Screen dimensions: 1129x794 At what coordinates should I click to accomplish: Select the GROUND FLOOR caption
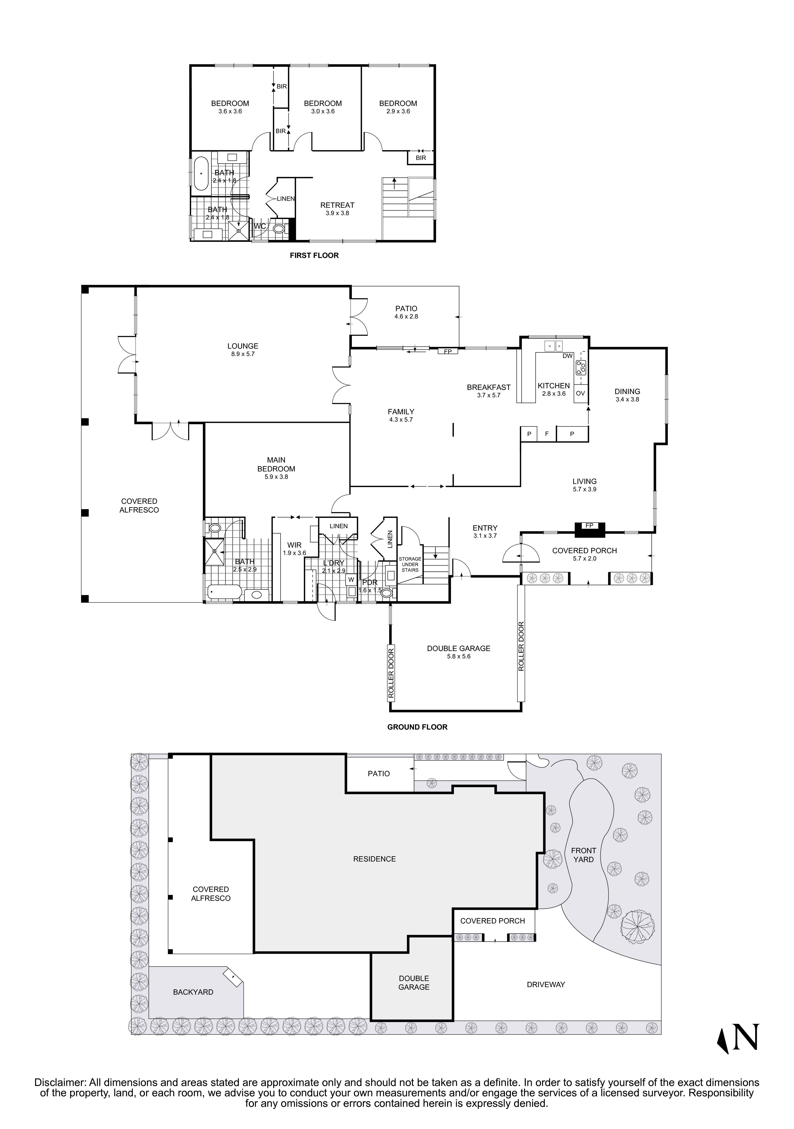[x=417, y=727]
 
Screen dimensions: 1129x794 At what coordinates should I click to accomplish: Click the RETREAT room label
[x=337, y=209]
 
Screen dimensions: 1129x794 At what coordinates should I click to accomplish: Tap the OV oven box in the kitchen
[x=580, y=393]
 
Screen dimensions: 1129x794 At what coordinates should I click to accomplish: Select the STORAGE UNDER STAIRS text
[x=410, y=564]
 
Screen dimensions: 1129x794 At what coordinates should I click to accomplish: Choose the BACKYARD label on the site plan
[x=193, y=992]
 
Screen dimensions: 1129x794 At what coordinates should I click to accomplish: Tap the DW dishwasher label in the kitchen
[x=567, y=356]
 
